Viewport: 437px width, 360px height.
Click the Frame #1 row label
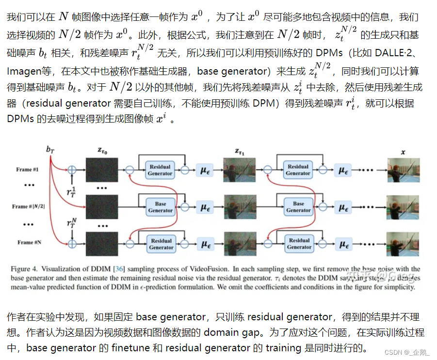[28, 170]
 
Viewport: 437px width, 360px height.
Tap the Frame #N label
[28, 242]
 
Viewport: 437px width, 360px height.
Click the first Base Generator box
[161, 207]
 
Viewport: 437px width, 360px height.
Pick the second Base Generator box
[298, 207]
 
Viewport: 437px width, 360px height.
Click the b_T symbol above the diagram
[50, 150]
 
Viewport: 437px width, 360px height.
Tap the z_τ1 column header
[241, 151]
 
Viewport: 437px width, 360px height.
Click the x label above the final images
[403, 151]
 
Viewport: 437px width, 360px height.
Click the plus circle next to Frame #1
[72, 170]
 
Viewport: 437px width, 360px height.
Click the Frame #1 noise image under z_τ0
[102, 170]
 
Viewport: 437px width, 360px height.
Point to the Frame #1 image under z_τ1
[240, 170]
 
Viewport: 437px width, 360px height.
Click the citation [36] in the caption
[120, 269]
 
